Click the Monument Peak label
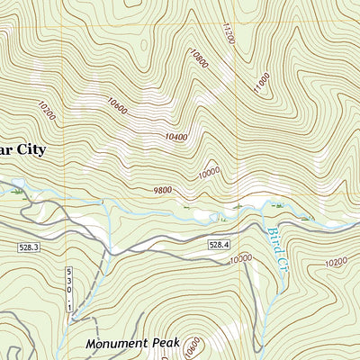133,344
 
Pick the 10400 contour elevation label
177,138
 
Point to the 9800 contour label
162,189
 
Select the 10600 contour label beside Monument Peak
192,346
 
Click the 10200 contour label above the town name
47,111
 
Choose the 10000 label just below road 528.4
240,259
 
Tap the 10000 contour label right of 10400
209,170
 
